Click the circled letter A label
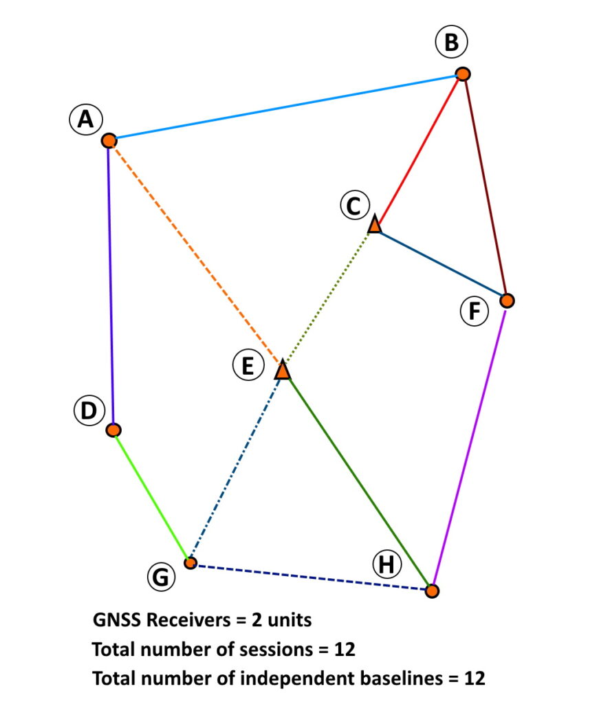(85, 120)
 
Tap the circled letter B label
(451, 43)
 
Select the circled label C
(354, 206)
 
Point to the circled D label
(88, 411)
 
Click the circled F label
(474, 311)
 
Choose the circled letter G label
(161, 577)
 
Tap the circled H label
(387, 565)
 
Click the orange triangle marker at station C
(374, 224)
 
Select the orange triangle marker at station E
(283, 371)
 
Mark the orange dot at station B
(463, 74)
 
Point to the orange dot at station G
(190, 563)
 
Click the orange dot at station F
(507, 300)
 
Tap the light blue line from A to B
(285, 107)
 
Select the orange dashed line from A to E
(196, 252)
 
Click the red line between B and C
(418, 149)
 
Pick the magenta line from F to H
(470, 445)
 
